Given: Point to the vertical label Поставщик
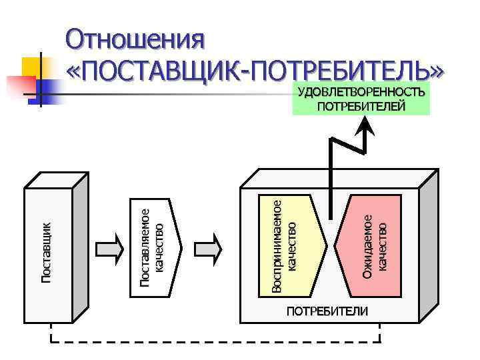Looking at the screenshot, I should point(46,252).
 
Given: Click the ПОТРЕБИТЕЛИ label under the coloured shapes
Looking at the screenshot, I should point(326,311).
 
